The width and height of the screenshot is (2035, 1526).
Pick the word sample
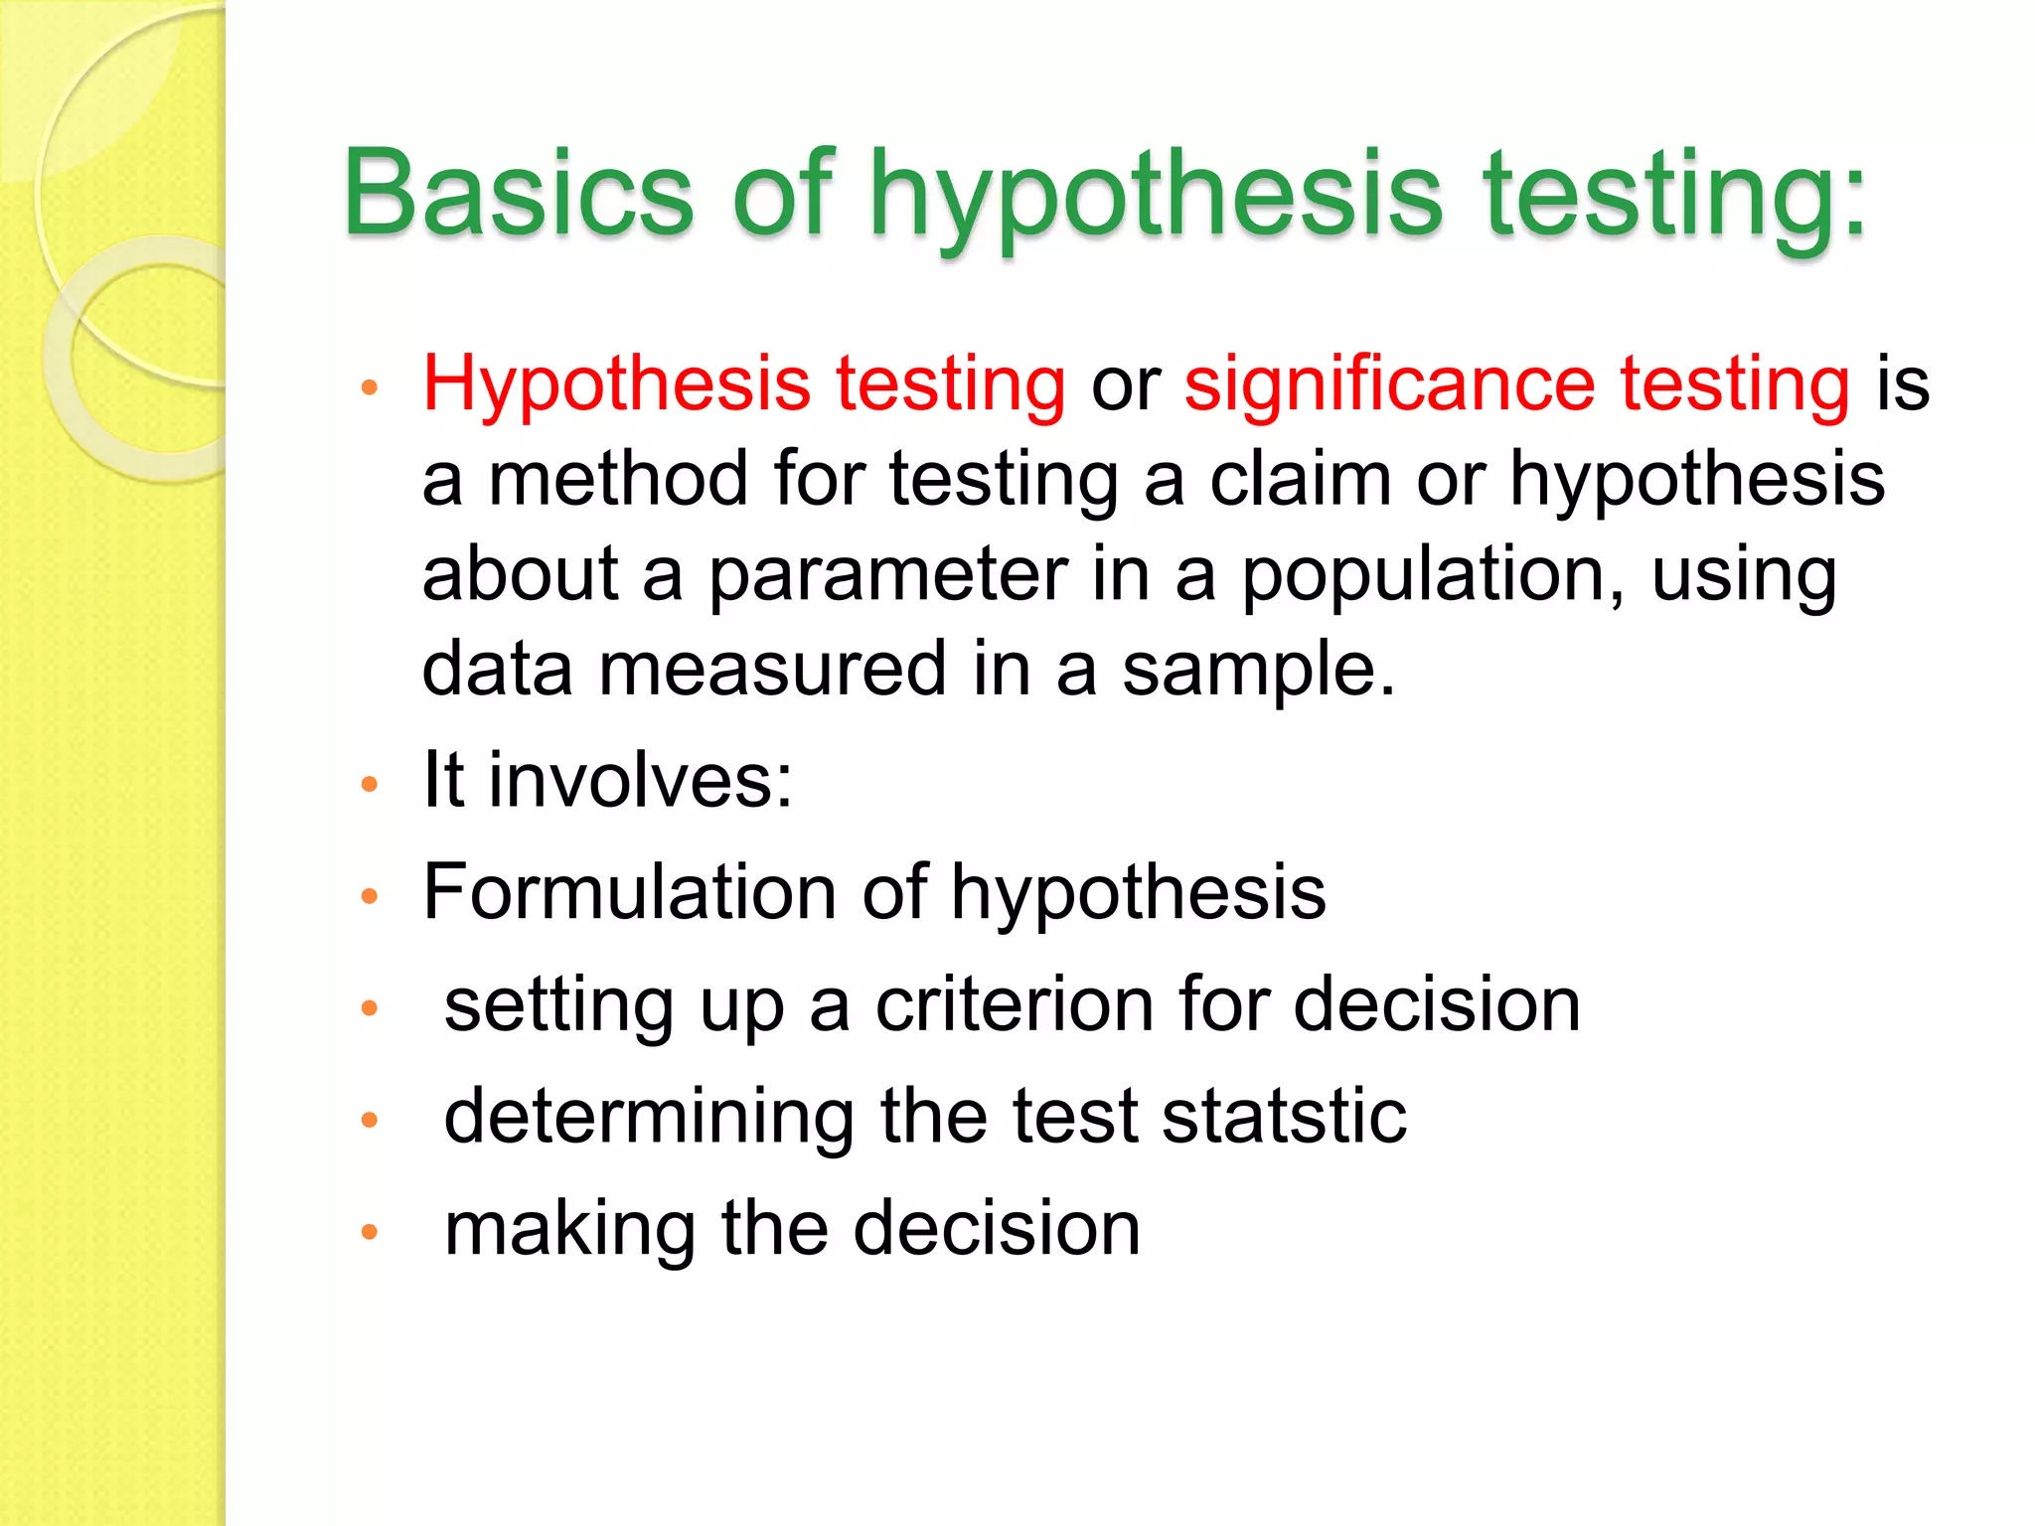(1258, 670)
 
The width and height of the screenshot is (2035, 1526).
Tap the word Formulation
(629, 891)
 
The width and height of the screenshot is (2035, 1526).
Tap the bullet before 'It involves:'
(370, 785)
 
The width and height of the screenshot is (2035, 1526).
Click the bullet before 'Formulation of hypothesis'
(370, 896)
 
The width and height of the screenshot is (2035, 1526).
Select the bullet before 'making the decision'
(370, 1233)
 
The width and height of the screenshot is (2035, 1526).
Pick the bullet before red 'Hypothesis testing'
(370, 388)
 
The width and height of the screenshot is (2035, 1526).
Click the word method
(618, 479)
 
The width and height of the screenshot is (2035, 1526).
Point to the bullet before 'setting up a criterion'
(370, 1008)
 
